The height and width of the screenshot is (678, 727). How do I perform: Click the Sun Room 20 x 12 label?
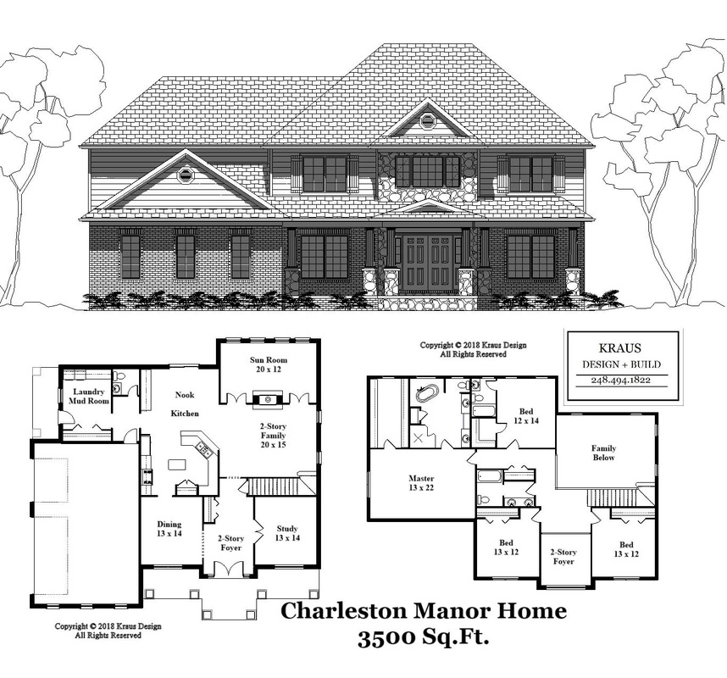coord(269,364)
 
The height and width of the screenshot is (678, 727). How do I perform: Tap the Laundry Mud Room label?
coord(89,397)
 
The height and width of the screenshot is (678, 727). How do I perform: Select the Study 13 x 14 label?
coord(287,533)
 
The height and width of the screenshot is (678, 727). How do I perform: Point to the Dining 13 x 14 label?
coord(169,529)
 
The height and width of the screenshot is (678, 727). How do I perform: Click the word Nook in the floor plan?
coord(185,395)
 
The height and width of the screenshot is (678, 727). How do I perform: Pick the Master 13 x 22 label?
coord(421,483)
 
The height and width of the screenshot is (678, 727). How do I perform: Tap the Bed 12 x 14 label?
coord(526,416)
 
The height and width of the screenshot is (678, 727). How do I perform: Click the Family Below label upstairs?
coord(603,453)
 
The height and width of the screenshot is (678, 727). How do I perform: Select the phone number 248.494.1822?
coord(621,380)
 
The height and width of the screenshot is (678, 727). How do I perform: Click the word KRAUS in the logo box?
coord(620,348)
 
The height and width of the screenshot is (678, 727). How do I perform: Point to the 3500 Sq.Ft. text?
coord(424,638)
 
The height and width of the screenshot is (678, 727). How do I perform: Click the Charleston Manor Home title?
coord(424,611)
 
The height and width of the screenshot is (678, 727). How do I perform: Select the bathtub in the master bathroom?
coord(425,394)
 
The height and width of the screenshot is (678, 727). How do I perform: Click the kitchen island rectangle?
coord(176,464)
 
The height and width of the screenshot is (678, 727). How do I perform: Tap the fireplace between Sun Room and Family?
coord(267,400)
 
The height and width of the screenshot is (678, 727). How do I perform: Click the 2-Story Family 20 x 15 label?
coord(273,435)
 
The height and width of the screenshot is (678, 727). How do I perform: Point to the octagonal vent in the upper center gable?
coord(425,120)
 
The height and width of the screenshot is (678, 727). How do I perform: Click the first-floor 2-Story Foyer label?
coord(231,543)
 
